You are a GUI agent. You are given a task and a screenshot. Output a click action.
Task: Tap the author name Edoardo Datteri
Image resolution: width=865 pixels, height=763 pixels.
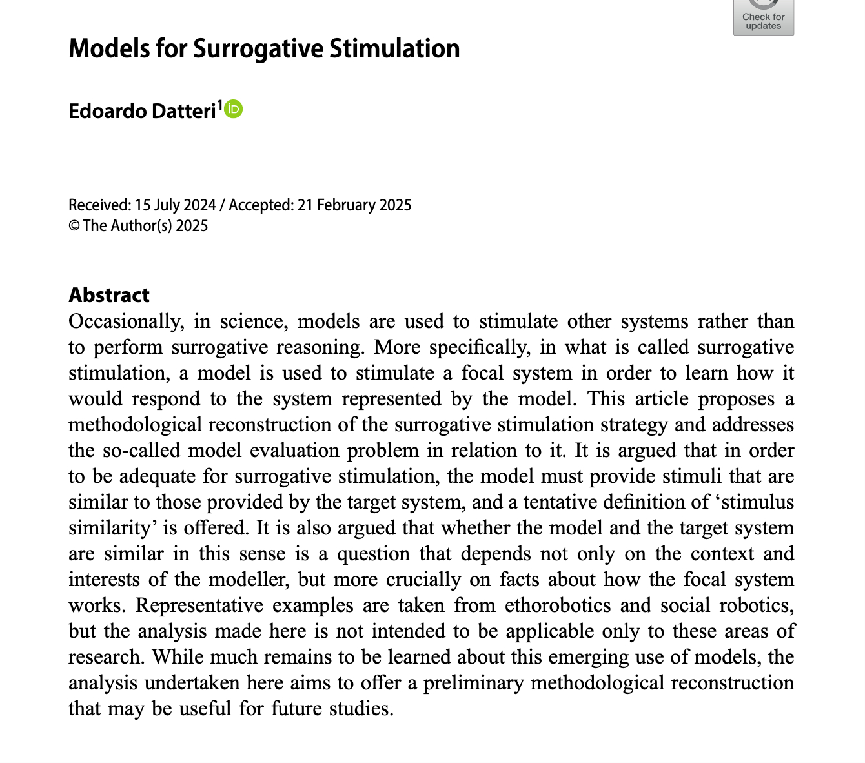tap(142, 111)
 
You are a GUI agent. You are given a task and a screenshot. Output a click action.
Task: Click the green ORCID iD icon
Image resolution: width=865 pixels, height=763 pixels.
tap(234, 109)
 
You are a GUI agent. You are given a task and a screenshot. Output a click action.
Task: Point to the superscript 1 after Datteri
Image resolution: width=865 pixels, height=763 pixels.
tap(219, 105)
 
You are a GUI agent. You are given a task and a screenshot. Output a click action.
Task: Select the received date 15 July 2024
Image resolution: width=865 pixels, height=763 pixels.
tap(176, 205)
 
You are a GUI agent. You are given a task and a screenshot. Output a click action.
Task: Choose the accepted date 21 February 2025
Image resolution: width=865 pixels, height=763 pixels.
tap(354, 205)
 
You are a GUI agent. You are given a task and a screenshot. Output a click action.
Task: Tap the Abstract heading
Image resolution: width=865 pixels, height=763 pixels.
tap(109, 295)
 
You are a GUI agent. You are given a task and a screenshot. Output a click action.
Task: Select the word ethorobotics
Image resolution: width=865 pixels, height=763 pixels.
tap(558, 605)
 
